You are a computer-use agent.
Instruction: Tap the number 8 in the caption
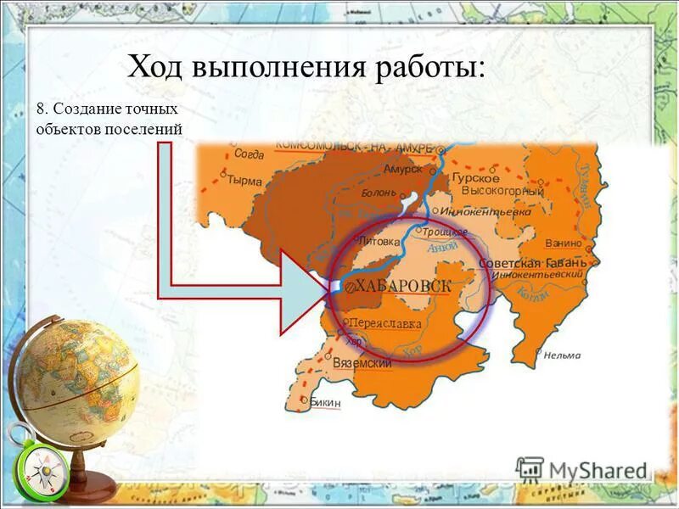[x=40, y=109]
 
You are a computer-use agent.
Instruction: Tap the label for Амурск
[x=401, y=169]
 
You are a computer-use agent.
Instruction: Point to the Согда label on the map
[x=249, y=154]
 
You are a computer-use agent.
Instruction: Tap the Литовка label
[x=378, y=241]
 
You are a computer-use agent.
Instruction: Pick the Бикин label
[x=325, y=403]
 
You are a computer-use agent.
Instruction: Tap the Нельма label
[x=562, y=355]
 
